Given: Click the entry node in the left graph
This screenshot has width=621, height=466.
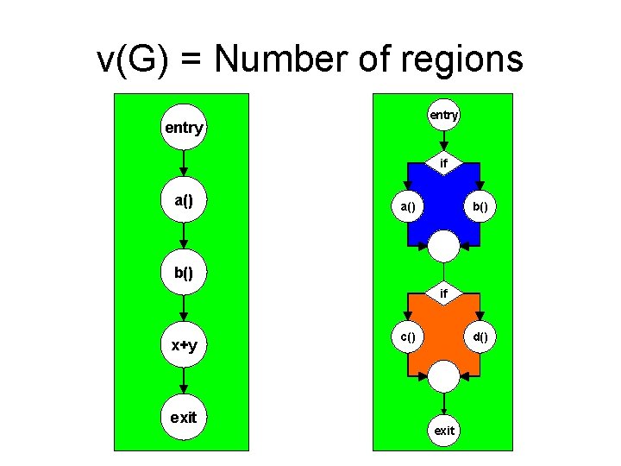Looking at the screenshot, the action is (183, 129).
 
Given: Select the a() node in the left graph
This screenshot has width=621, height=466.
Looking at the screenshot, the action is (183, 201).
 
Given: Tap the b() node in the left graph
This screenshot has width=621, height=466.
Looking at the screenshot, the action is (183, 273).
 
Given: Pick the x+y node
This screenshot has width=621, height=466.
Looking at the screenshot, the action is (183, 345).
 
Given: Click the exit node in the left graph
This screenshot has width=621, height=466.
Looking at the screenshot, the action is (183, 418).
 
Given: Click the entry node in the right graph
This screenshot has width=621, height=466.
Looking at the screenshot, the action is (443, 115).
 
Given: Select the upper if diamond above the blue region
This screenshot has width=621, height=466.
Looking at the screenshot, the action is (443, 162).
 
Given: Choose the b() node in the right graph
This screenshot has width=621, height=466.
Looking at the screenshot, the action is (479, 207).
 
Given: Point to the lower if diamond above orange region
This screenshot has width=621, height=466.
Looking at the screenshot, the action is (443, 294).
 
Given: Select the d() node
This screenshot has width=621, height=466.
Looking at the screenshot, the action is (479, 337).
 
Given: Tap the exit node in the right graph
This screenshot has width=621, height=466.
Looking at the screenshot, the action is (443, 430).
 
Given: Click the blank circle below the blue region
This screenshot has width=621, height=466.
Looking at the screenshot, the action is (443, 247).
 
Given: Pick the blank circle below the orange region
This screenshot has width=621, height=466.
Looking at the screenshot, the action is (443, 376).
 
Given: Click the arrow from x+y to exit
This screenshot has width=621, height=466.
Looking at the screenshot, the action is (183, 381).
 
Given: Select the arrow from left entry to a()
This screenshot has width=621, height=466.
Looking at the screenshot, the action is (183, 165).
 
